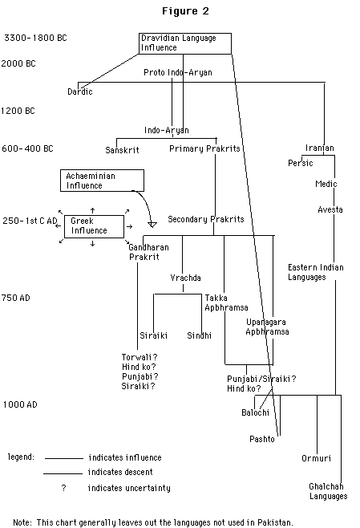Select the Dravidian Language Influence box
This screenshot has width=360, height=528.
pyautogui.click(x=184, y=43)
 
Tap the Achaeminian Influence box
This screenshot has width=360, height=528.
pyautogui.click(x=102, y=180)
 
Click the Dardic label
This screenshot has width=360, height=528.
pyautogui.click(x=79, y=91)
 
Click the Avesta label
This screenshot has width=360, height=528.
pyautogui.click(x=330, y=209)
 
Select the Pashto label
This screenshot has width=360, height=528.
pyautogui.click(x=261, y=439)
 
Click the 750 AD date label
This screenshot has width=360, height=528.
pyautogui.click(x=16, y=299)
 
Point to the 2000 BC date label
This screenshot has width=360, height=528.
pyautogui.click(x=18, y=63)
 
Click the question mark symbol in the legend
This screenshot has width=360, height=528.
pyautogui.click(x=63, y=488)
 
